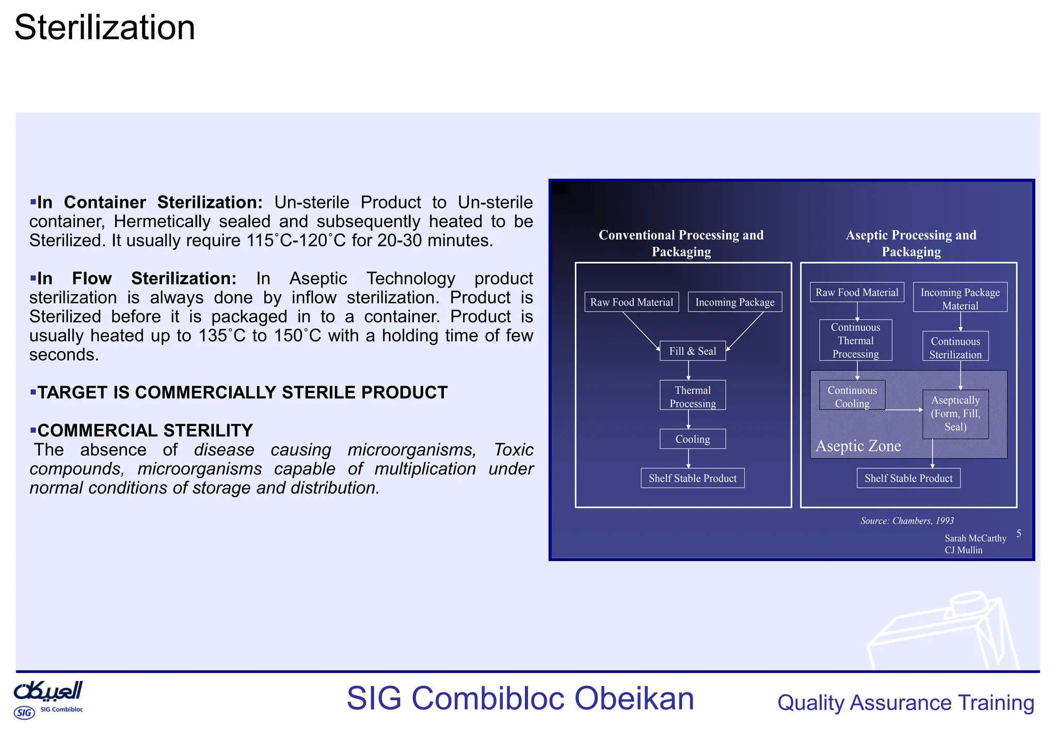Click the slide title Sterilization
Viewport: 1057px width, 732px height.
(x=105, y=28)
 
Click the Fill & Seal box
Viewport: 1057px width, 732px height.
(x=692, y=351)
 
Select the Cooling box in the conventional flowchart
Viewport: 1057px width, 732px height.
(x=692, y=439)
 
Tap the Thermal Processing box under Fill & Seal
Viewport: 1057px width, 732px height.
(x=692, y=396)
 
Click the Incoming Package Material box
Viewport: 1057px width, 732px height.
(x=959, y=298)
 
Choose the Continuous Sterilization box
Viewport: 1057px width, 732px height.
(x=955, y=347)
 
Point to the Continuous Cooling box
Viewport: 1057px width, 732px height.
(x=852, y=396)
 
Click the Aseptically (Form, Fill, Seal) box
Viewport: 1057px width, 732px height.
(x=955, y=413)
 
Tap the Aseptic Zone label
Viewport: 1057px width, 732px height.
(x=858, y=446)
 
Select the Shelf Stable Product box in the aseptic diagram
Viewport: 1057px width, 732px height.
(x=908, y=478)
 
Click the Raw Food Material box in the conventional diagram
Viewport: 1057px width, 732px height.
(x=631, y=302)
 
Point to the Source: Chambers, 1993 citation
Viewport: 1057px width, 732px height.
(x=907, y=520)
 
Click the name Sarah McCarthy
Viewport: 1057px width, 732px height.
(x=975, y=538)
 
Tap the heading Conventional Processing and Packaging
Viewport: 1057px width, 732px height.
(x=681, y=243)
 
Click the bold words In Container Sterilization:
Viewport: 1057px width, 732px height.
(x=150, y=202)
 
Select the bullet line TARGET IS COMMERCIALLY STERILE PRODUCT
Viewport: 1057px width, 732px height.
(x=242, y=392)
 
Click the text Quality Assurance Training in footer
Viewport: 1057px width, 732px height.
(x=905, y=703)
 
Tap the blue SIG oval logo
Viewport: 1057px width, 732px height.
(x=24, y=713)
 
